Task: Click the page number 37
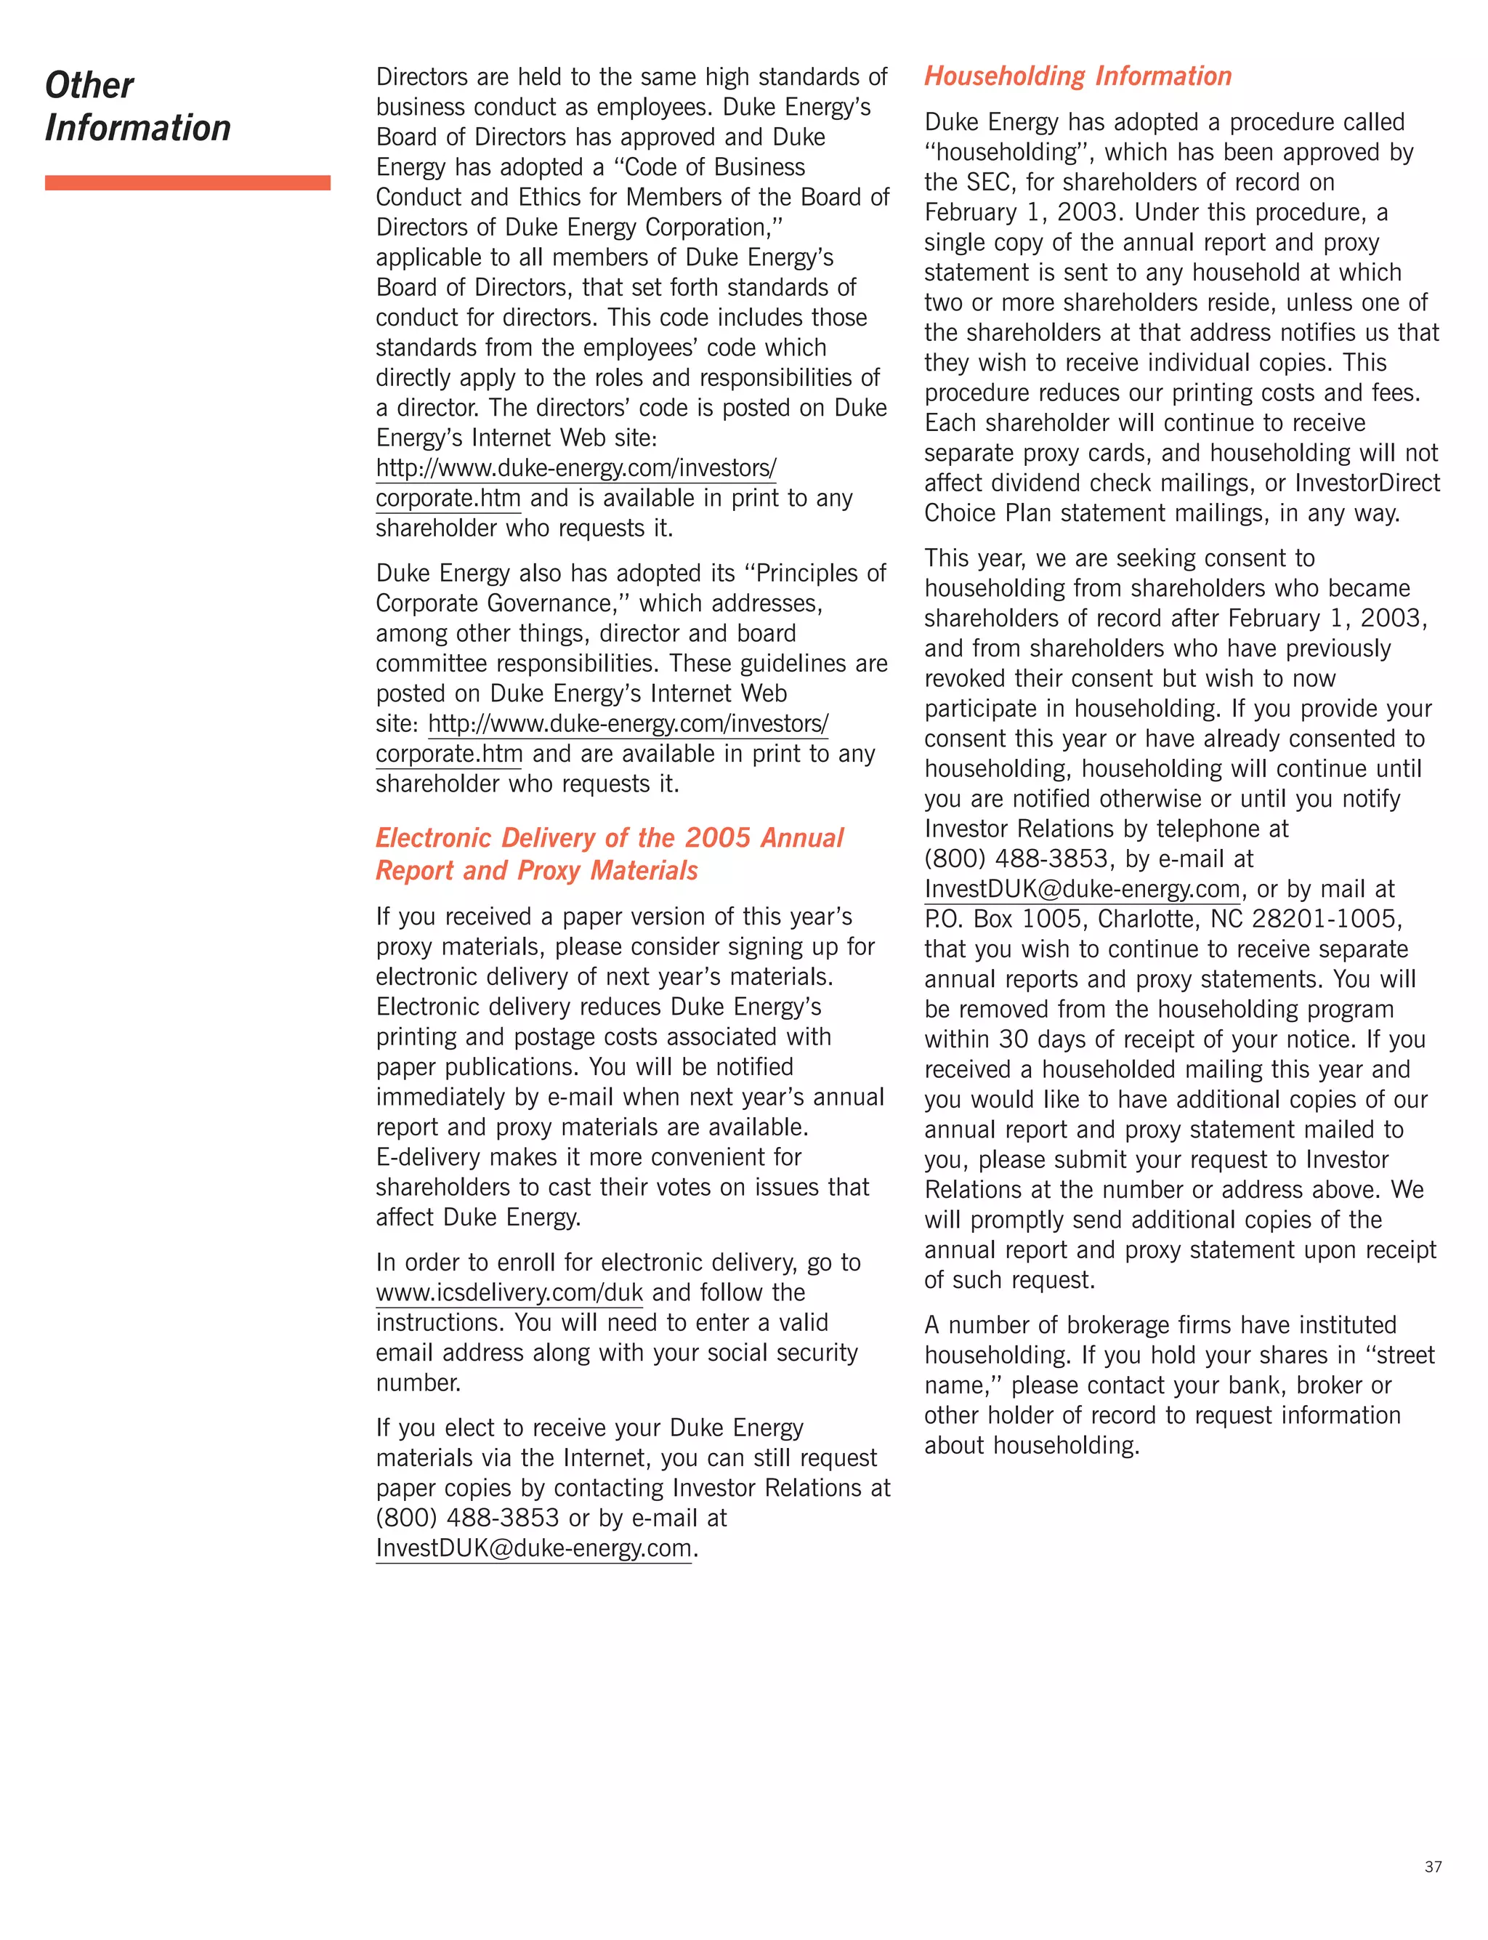coord(1432,1867)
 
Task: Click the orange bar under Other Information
coord(187,182)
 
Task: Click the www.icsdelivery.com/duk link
coord(509,1292)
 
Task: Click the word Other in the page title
coord(89,86)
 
